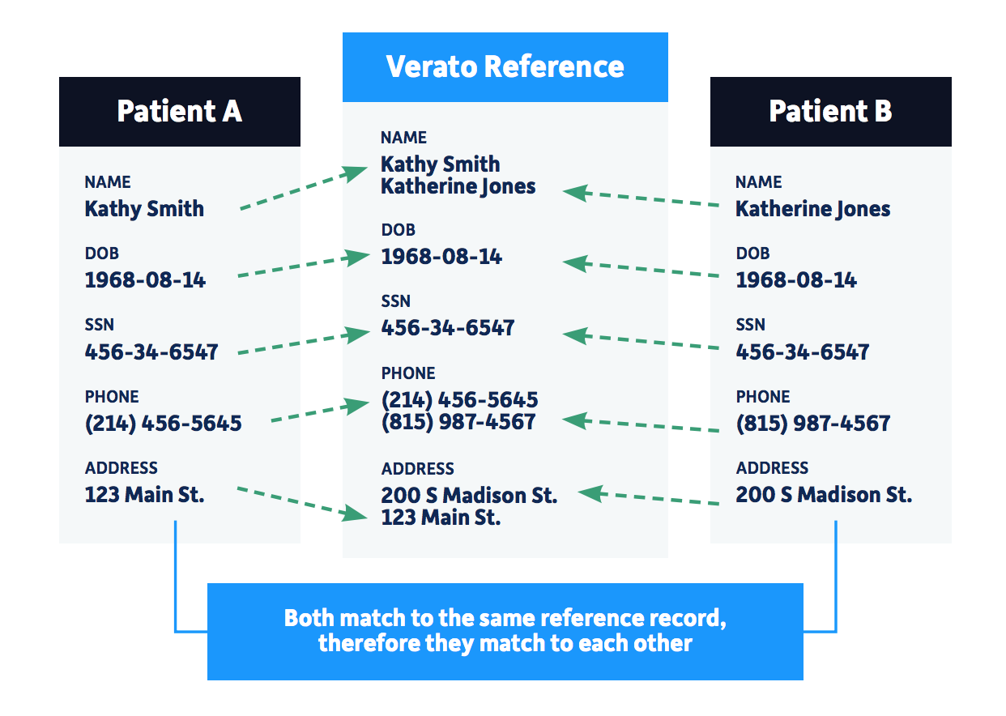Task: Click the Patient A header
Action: [x=179, y=111]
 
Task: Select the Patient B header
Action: [x=830, y=111]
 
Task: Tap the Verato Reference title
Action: [x=505, y=66]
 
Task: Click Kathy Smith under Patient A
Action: [x=144, y=209]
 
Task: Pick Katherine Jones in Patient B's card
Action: [x=812, y=209]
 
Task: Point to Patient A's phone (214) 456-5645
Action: [x=163, y=423]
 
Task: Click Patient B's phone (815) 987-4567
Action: [x=812, y=423]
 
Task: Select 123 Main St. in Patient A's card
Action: [x=144, y=494]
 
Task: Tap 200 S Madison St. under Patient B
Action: [x=824, y=494]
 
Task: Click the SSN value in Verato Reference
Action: [x=448, y=328]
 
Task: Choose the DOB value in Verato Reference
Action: [x=441, y=257]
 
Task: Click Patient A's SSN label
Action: [x=99, y=325]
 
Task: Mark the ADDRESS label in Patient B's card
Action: [x=772, y=468]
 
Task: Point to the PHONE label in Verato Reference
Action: [x=408, y=373]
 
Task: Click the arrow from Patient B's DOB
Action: [x=640, y=269]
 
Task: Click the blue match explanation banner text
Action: [x=505, y=631]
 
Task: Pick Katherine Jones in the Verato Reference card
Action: [x=458, y=186]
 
